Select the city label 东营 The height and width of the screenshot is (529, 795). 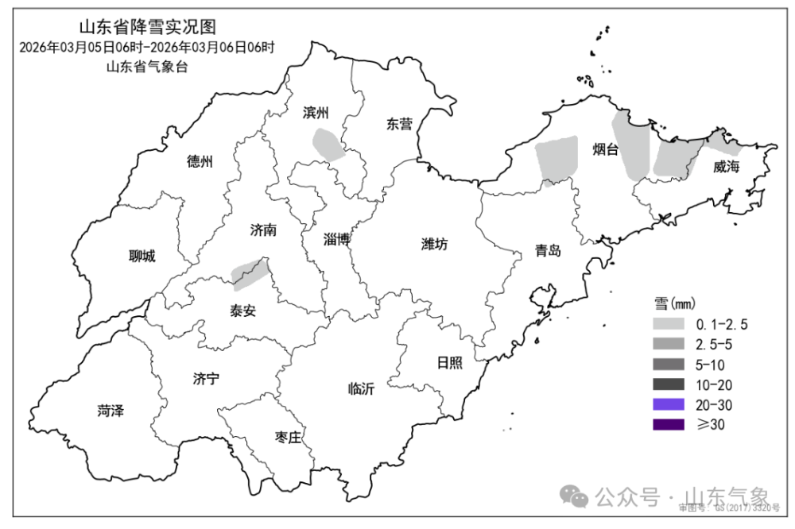[399, 124]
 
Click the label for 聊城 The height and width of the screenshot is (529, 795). [142, 256]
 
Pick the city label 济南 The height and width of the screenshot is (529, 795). [263, 230]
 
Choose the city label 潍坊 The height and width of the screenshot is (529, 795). [434, 244]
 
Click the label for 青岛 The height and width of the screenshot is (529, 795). [548, 251]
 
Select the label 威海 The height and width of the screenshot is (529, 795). [726, 167]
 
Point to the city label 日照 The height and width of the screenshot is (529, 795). [449, 362]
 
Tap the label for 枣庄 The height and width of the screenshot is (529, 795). [288, 437]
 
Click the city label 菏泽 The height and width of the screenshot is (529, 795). [111, 411]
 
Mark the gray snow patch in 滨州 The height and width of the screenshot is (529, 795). [328, 144]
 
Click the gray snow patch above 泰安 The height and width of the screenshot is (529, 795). [250, 272]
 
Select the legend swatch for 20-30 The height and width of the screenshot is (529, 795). [669, 405]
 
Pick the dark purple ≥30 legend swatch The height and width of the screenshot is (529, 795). [669, 425]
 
